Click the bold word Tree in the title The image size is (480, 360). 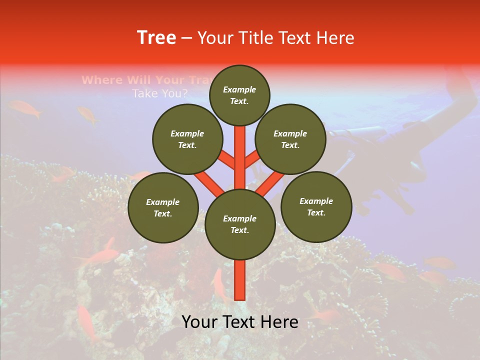[156, 38]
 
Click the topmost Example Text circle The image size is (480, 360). [239, 95]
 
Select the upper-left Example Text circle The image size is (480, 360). [187, 139]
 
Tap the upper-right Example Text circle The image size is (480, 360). [290, 139]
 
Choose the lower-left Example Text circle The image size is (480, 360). [163, 207]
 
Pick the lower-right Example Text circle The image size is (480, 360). [316, 206]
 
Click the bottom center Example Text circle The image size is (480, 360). [240, 224]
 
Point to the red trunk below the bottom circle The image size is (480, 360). [240, 280]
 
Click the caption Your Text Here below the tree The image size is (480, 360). [240, 322]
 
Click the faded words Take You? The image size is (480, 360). [160, 93]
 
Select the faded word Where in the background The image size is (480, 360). [101, 80]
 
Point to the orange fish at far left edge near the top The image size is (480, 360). [25, 108]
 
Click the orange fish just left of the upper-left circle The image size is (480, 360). [88, 114]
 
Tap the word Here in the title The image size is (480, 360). [335, 38]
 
